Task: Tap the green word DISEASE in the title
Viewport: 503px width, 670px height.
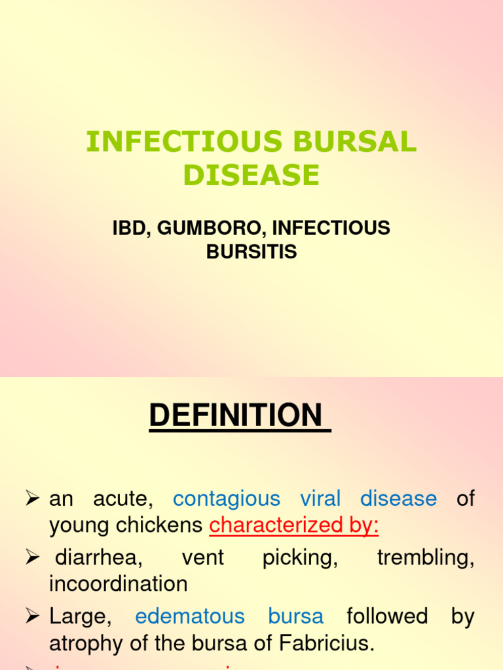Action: pos(251,175)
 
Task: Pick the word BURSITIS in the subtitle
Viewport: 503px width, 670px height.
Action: pos(251,251)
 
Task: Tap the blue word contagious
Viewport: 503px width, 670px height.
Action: pos(227,499)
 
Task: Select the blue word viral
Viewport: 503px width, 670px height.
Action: pos(320,499)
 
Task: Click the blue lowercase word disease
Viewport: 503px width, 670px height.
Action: pos(398,499)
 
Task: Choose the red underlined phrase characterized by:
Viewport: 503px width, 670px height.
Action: pos(294,525)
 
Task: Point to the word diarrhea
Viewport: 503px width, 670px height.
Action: pos(98,557)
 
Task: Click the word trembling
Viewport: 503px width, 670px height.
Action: pos(426,557)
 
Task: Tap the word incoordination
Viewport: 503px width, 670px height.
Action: pos(119,584)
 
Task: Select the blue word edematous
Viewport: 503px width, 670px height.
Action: pos(190,616)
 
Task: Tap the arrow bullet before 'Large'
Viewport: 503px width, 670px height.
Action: pos(33,617)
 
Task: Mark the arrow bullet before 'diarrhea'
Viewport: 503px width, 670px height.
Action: pos(33,558)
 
